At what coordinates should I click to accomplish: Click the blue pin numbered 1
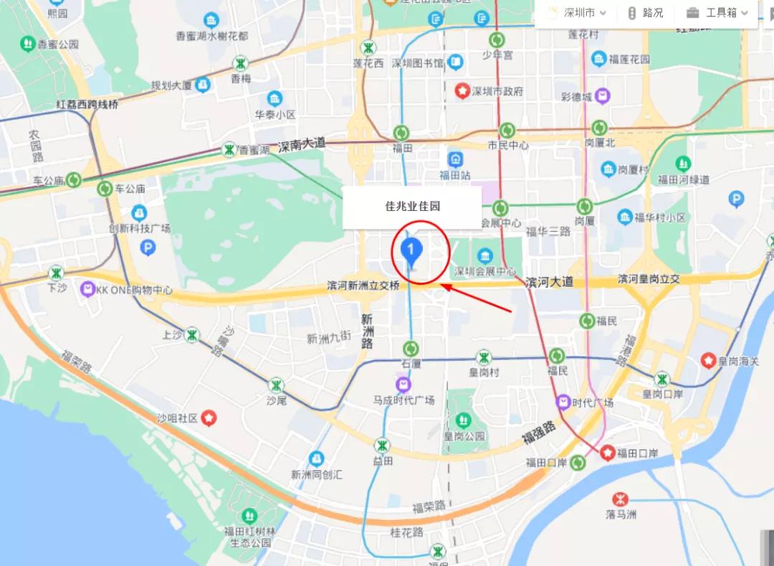click(x=411, y=250)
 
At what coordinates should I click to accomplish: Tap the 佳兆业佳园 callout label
click(x=412, y=207)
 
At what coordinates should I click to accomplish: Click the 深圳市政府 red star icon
click(x=463, y=91)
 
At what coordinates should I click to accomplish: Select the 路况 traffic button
click(x=645, y=13)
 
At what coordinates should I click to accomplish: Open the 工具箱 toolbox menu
click(x=717, y=13)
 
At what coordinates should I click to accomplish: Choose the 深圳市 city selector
click(x=578, y=13)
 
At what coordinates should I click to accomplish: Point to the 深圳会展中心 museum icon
click(x=485, y=256)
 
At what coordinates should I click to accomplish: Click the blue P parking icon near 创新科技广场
click(x=148, y=248)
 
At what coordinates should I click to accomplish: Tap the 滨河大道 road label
click(x=550, y=282)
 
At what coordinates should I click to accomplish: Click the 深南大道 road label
click(x=302, y=144)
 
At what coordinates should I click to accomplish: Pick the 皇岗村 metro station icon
click(x=484, y=357)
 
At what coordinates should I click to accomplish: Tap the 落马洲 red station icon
click(x=620, y=499)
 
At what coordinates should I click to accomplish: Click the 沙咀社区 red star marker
click(x=209, y=417)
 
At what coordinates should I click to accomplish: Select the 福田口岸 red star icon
click(x=608, y=452)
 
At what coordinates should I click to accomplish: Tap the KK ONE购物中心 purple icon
click(x=88, y=289)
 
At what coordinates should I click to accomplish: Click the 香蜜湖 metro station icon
click(x=229, y=150)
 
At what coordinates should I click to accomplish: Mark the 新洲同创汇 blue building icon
click(x=317, y=458)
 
